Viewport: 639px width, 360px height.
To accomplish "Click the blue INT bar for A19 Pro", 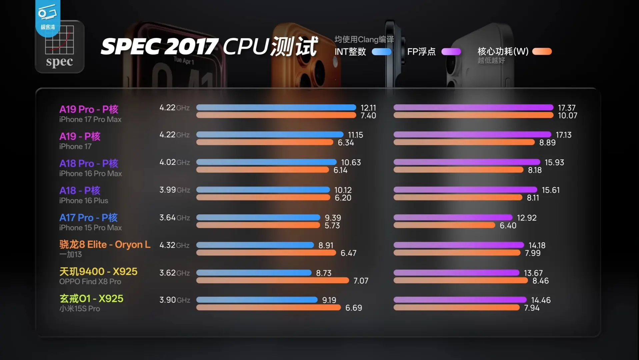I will pyautogui.click(x=276, y=107).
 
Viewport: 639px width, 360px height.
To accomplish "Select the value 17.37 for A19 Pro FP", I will pyautogui.click(x=567, y=108).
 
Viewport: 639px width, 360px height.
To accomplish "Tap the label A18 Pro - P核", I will pyautogui.click(x=89, y=163).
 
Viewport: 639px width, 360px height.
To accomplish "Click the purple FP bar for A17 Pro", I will pyautogui.click(x=453, y=217).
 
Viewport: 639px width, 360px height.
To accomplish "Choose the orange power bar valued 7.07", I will pyautogui.click(x=272, y=281).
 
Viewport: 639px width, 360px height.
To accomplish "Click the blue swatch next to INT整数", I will pyautogui.click(x=381, y=52).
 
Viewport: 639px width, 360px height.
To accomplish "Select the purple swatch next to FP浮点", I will pyautogui.click(x=451, y=52).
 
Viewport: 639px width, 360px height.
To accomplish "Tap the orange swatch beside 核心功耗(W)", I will pyautogui.click(x=542, y=51).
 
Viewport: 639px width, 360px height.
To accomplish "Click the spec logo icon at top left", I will pyautogui.click(x=60, y=47).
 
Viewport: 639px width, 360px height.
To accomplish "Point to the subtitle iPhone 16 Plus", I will pyautogui.click(x=84, y=201).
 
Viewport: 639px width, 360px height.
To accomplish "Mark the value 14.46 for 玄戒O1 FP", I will pyautogui.click(x=541, y=300).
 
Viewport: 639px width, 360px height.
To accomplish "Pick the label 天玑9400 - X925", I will pyautogui.click(x=98, y=272).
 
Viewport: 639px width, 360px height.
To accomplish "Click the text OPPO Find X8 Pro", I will pyautogui.click(x=90, y=282).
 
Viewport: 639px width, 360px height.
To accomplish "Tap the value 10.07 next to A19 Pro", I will pyautogui.click(x=567, y=116).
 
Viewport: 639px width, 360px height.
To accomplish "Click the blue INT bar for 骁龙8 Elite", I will pyautogui.click(x=255, y=245).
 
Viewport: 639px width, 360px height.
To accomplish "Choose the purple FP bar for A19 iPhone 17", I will pyautogui.click(x=472, y=135).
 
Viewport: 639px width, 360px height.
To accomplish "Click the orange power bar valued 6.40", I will pyautogui.click(x=444, y=225).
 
